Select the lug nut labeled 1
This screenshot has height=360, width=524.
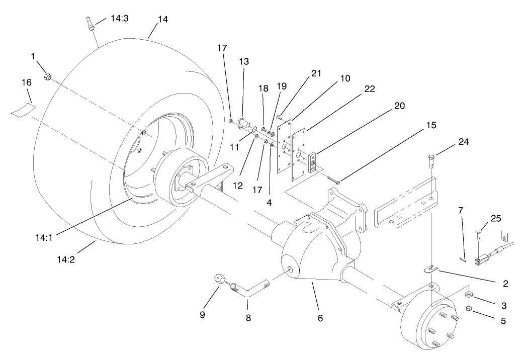coord(48,76)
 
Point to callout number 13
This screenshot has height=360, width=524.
coord(244,61)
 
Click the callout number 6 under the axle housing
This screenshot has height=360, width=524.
coord(320,318)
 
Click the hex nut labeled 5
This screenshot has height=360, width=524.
coord(467,308)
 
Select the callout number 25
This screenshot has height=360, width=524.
coord(495,219)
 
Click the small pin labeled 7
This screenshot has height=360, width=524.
coord(464,259)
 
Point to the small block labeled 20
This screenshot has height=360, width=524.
coord(312,161)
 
